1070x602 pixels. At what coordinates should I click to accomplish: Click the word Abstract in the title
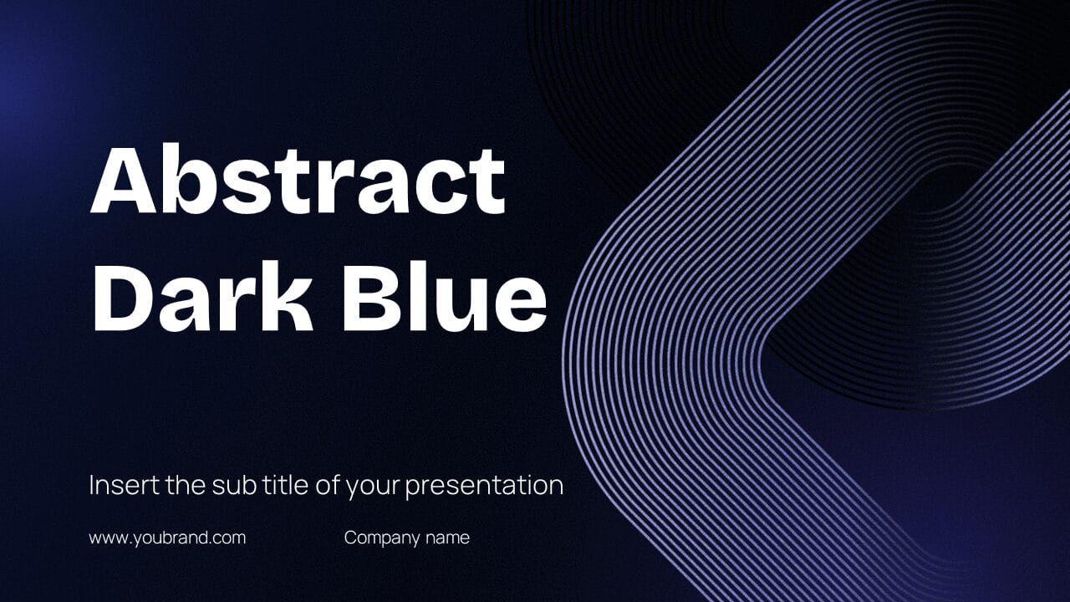click(x=298, y=179)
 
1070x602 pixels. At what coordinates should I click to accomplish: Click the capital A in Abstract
click(x=123, y=180)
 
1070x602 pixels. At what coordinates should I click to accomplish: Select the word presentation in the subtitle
click(x=484, y=487)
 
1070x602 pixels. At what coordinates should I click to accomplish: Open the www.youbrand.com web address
click(x=168, y=538)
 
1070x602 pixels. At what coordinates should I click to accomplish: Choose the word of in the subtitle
click(x=327, y=485)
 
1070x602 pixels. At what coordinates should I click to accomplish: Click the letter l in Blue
click(x=412, y=296)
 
